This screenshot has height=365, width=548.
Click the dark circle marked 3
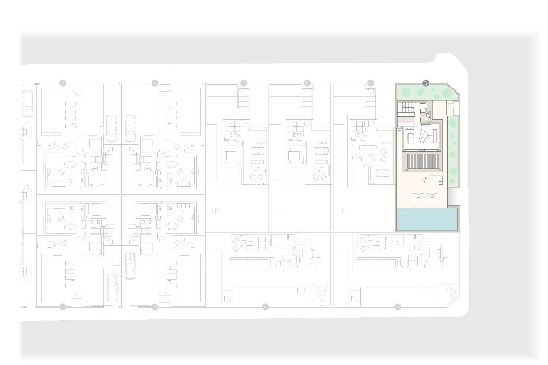[426, 83]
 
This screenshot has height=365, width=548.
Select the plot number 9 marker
[63, 83]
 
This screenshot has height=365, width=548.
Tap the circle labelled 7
[155, 83]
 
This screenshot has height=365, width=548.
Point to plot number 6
[243, 83]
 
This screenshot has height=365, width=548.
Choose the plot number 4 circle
[370, 83]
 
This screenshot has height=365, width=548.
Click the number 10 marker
[63, 307]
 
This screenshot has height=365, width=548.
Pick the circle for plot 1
[265, 307]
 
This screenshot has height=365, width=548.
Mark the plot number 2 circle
[397, 307]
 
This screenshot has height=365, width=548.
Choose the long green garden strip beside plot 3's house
[452, 151]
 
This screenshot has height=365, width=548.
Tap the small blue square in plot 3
[400, 132]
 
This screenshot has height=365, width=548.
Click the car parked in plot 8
[130, 266]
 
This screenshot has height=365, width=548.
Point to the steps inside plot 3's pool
[403, 211]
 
